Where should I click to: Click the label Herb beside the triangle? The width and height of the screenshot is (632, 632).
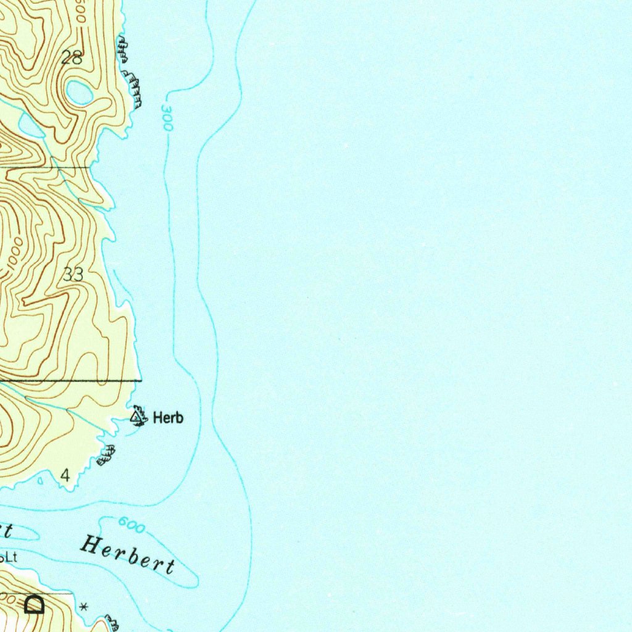coord(168,418)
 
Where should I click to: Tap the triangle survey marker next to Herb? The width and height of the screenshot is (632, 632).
coord(137,417)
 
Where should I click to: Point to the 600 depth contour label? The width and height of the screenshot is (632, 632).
coord(131,526)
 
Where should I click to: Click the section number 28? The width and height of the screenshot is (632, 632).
coord(72,58)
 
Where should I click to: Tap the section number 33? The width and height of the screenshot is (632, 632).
coord(73,275)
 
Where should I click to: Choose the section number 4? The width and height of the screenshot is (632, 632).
coord(65,475)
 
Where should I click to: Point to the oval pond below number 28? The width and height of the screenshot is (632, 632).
coord(78,93)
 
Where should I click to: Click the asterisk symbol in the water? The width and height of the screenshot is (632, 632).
coord(84,608)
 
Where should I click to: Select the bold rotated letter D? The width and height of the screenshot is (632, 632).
coord(35,604)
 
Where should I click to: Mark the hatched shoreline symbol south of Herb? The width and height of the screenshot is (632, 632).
coord(106,455)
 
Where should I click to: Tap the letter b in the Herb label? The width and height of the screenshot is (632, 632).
coord(178,418)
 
